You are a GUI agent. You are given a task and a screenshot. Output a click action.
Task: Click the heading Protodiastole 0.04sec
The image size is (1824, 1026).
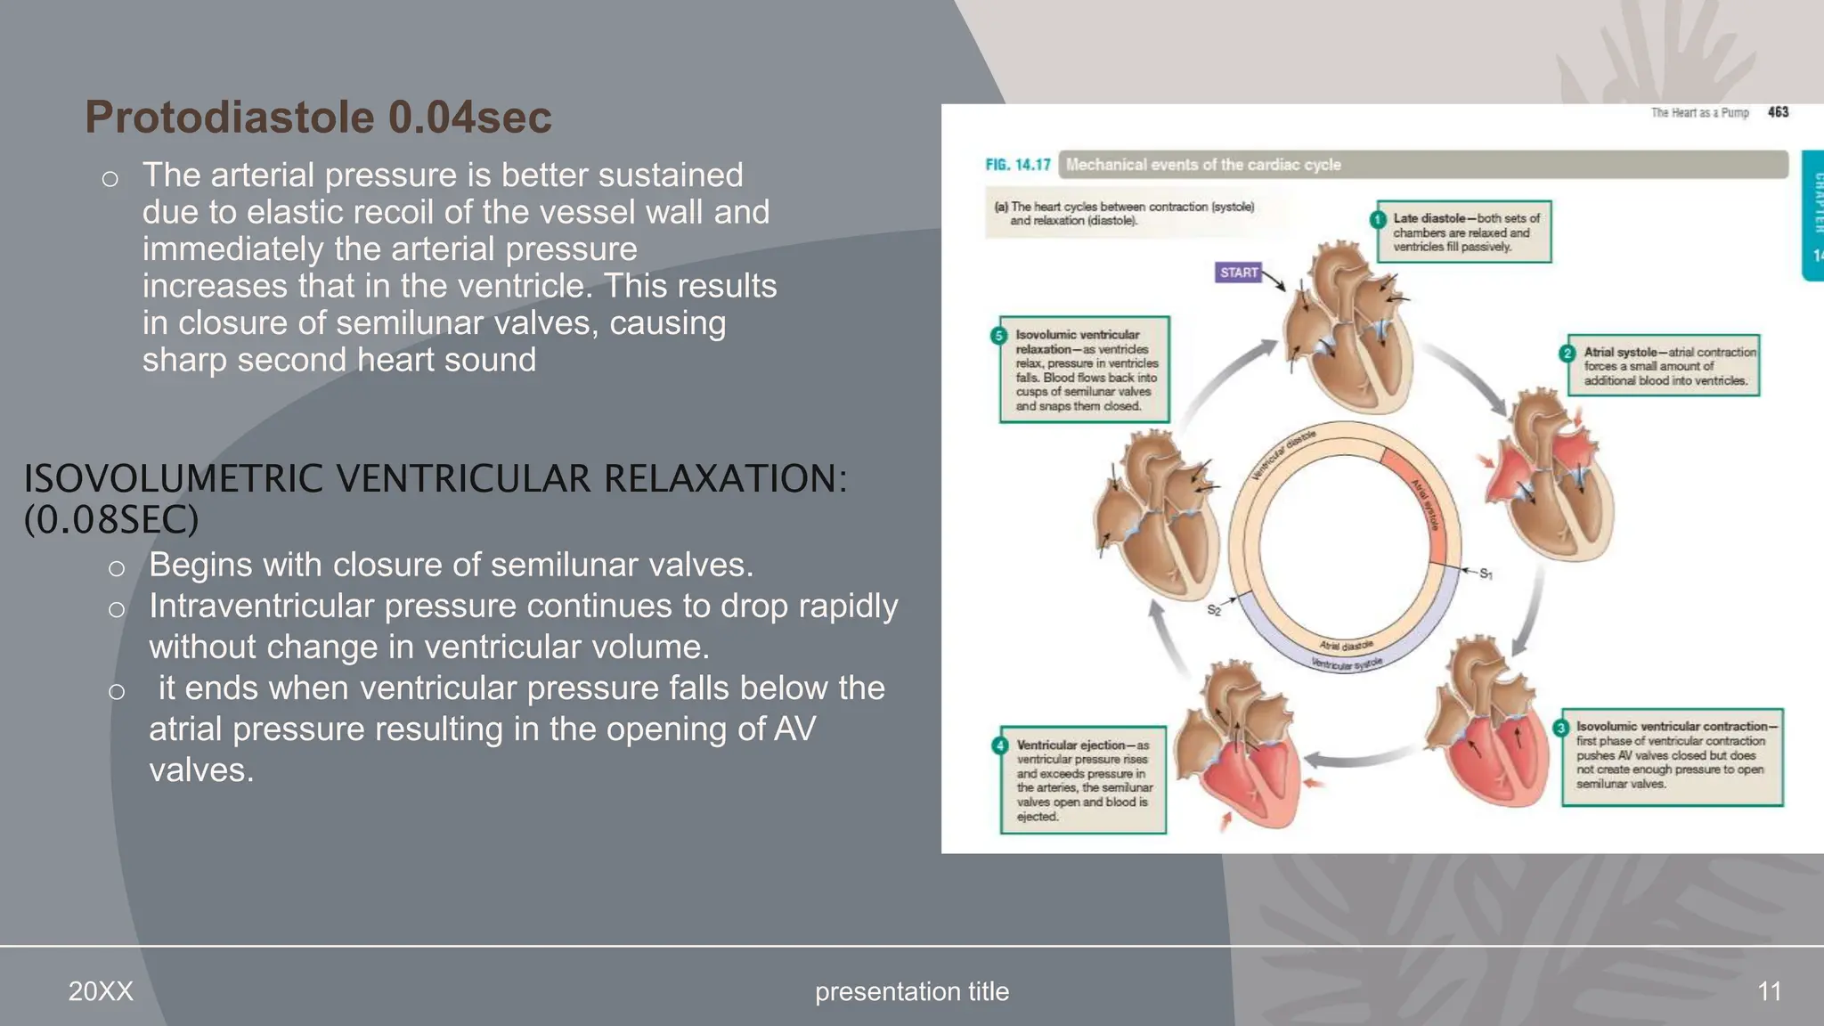point(318,118)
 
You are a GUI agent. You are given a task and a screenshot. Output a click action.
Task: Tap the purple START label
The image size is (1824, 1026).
point(1239,273)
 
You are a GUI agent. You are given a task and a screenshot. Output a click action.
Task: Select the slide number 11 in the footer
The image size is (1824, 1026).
point(1769,991)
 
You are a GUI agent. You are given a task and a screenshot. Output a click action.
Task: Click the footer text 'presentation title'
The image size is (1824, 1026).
point(912,991)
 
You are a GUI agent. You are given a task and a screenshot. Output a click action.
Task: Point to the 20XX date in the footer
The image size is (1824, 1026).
point(101,991)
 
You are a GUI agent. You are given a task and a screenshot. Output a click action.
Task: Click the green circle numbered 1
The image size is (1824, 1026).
point(1378,219)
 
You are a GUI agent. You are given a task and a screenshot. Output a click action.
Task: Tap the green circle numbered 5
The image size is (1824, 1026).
point(998,336)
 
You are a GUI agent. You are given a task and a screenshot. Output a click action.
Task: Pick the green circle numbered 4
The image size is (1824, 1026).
point(1000,745)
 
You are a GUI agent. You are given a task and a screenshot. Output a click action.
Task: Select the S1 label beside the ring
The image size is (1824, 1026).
point(1486,574)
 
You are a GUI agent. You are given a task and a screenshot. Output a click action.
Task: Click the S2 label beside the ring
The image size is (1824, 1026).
point(1214,611)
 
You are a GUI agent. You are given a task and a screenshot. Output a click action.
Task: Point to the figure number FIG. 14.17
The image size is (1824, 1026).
point(1017,165)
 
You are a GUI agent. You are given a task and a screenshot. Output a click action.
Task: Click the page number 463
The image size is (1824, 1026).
point(1778,112)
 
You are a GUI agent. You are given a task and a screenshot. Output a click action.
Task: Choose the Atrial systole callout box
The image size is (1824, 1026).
point(1664,366)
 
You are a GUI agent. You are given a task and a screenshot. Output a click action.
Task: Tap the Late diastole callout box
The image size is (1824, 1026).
point(1465,232)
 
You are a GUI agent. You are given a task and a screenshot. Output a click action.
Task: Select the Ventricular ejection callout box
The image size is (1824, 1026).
point(1083,780)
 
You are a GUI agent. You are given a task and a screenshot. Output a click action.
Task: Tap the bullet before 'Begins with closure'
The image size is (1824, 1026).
point(116,567)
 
